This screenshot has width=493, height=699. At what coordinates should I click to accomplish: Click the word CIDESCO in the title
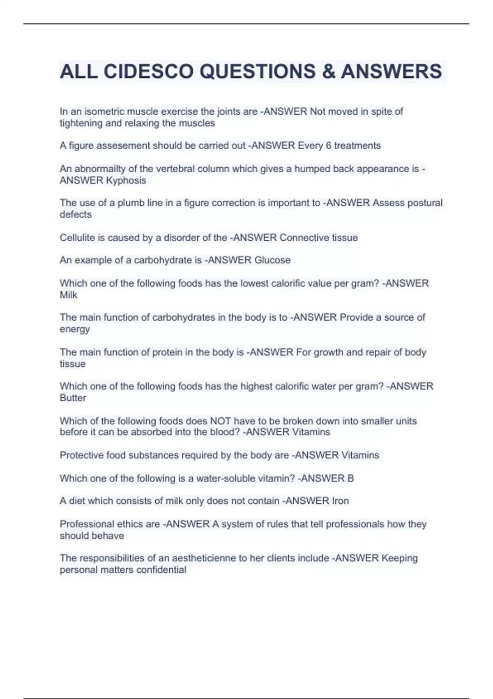coord(149,72)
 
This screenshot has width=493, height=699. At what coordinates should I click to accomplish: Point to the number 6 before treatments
coord(328,146)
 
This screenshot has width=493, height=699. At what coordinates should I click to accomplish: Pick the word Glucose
coord(272,260)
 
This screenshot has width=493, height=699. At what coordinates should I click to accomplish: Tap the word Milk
coord(68,295)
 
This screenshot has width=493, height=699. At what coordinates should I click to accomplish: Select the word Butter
coord(73,398)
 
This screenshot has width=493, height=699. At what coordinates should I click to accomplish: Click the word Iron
coord(340,501)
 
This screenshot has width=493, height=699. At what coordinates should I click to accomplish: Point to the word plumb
coord(130,203)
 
